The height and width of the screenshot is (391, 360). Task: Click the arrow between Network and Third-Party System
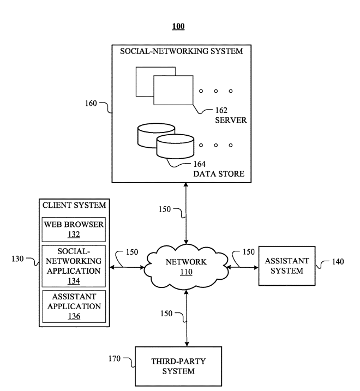pyautogui.click(x=188, y=318)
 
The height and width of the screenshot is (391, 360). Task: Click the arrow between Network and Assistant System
pyautogui.click(x=243, y=267)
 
